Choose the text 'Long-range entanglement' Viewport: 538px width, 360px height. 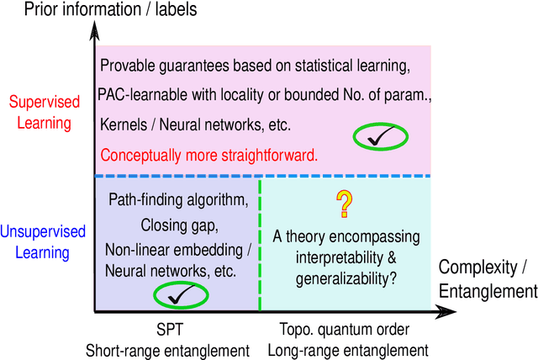coord(352,348)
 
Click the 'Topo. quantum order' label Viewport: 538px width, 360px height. coord(352,328)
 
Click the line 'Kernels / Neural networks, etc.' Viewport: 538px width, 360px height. coord(195,124)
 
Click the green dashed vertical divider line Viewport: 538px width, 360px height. coord(260,244)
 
